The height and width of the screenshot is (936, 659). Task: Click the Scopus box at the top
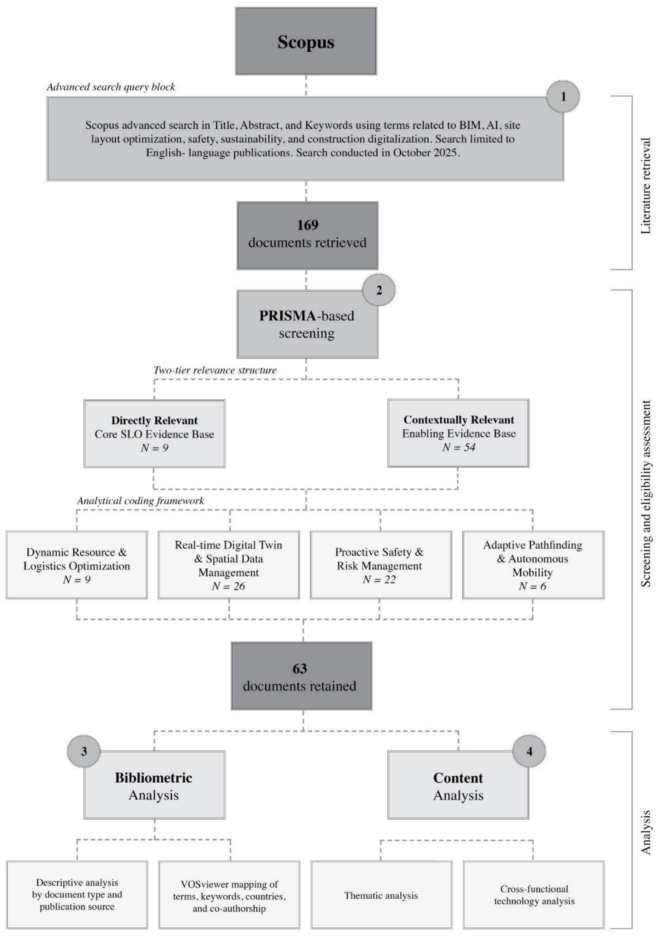(x=306, y=41)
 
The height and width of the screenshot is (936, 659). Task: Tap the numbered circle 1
(x=563, y=97)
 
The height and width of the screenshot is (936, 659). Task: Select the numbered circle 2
(x=379, y=290)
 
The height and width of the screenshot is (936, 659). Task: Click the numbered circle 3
(x=84, y=751)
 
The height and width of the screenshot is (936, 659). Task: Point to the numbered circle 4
(x=529, y=751)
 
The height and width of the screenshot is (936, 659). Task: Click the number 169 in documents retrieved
(x=308, y=225)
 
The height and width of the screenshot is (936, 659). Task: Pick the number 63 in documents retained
(x=300, y=668)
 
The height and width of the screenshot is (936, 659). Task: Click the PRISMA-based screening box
(x=307, y=324)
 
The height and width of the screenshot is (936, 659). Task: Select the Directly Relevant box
(x=154, y=434)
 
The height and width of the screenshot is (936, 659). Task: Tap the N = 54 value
(x=459, y=447)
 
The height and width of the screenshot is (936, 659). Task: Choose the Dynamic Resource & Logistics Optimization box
(x=77, y=565)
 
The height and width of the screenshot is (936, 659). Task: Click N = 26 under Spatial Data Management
(x=228, y=586)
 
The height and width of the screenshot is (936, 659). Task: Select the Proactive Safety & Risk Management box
(x=381, y=565)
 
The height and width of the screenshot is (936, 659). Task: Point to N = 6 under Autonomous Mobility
(x=532, y=586)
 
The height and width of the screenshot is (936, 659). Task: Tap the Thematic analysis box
(x=381, y=895)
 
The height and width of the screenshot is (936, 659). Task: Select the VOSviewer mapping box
(x=229, y=895)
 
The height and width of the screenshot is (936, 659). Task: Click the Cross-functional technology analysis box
(x=534, y=895)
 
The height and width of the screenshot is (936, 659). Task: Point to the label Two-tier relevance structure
(x=215, y=370)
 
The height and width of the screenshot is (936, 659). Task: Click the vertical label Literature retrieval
(x=645, y=186)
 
